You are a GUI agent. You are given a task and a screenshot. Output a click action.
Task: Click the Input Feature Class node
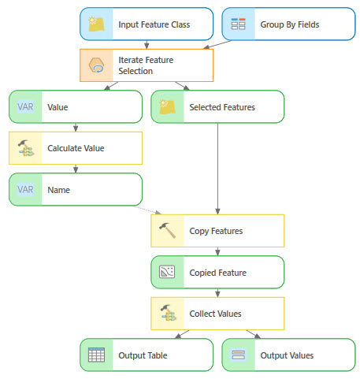tap(146, 24)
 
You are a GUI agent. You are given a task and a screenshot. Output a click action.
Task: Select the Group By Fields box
tap(288, 24)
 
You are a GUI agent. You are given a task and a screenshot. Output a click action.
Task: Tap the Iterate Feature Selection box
tap(146, 65)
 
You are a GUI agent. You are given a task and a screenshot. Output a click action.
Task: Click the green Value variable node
tap(75, 107)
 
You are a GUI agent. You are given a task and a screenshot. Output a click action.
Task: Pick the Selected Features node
tap(217, 107)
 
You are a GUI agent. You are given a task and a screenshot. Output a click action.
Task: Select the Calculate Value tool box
tap(75, 148)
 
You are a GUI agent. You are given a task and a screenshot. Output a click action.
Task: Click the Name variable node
tap(75, 189)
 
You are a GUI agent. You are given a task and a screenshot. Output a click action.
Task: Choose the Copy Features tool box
tap(217, 231)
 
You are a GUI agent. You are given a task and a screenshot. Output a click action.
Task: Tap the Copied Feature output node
tap(217, 273)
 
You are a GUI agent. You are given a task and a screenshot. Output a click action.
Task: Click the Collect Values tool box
tap(217, 314)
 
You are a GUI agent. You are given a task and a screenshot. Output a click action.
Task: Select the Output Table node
tap(146, 355)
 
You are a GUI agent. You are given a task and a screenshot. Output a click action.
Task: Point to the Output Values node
tap(288, 355)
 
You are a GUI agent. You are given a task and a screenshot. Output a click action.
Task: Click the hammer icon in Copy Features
tap(167, 231)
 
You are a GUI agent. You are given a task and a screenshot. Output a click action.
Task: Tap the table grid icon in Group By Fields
tap(239, 24)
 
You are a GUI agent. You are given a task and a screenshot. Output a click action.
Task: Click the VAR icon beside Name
tap(25, 189)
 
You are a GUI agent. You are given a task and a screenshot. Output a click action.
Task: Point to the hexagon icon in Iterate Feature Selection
tap(96, 65)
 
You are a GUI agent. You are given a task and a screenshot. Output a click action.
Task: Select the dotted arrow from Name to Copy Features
tap(150, 209)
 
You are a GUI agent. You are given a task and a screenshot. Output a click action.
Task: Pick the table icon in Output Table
tap(96, 355)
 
